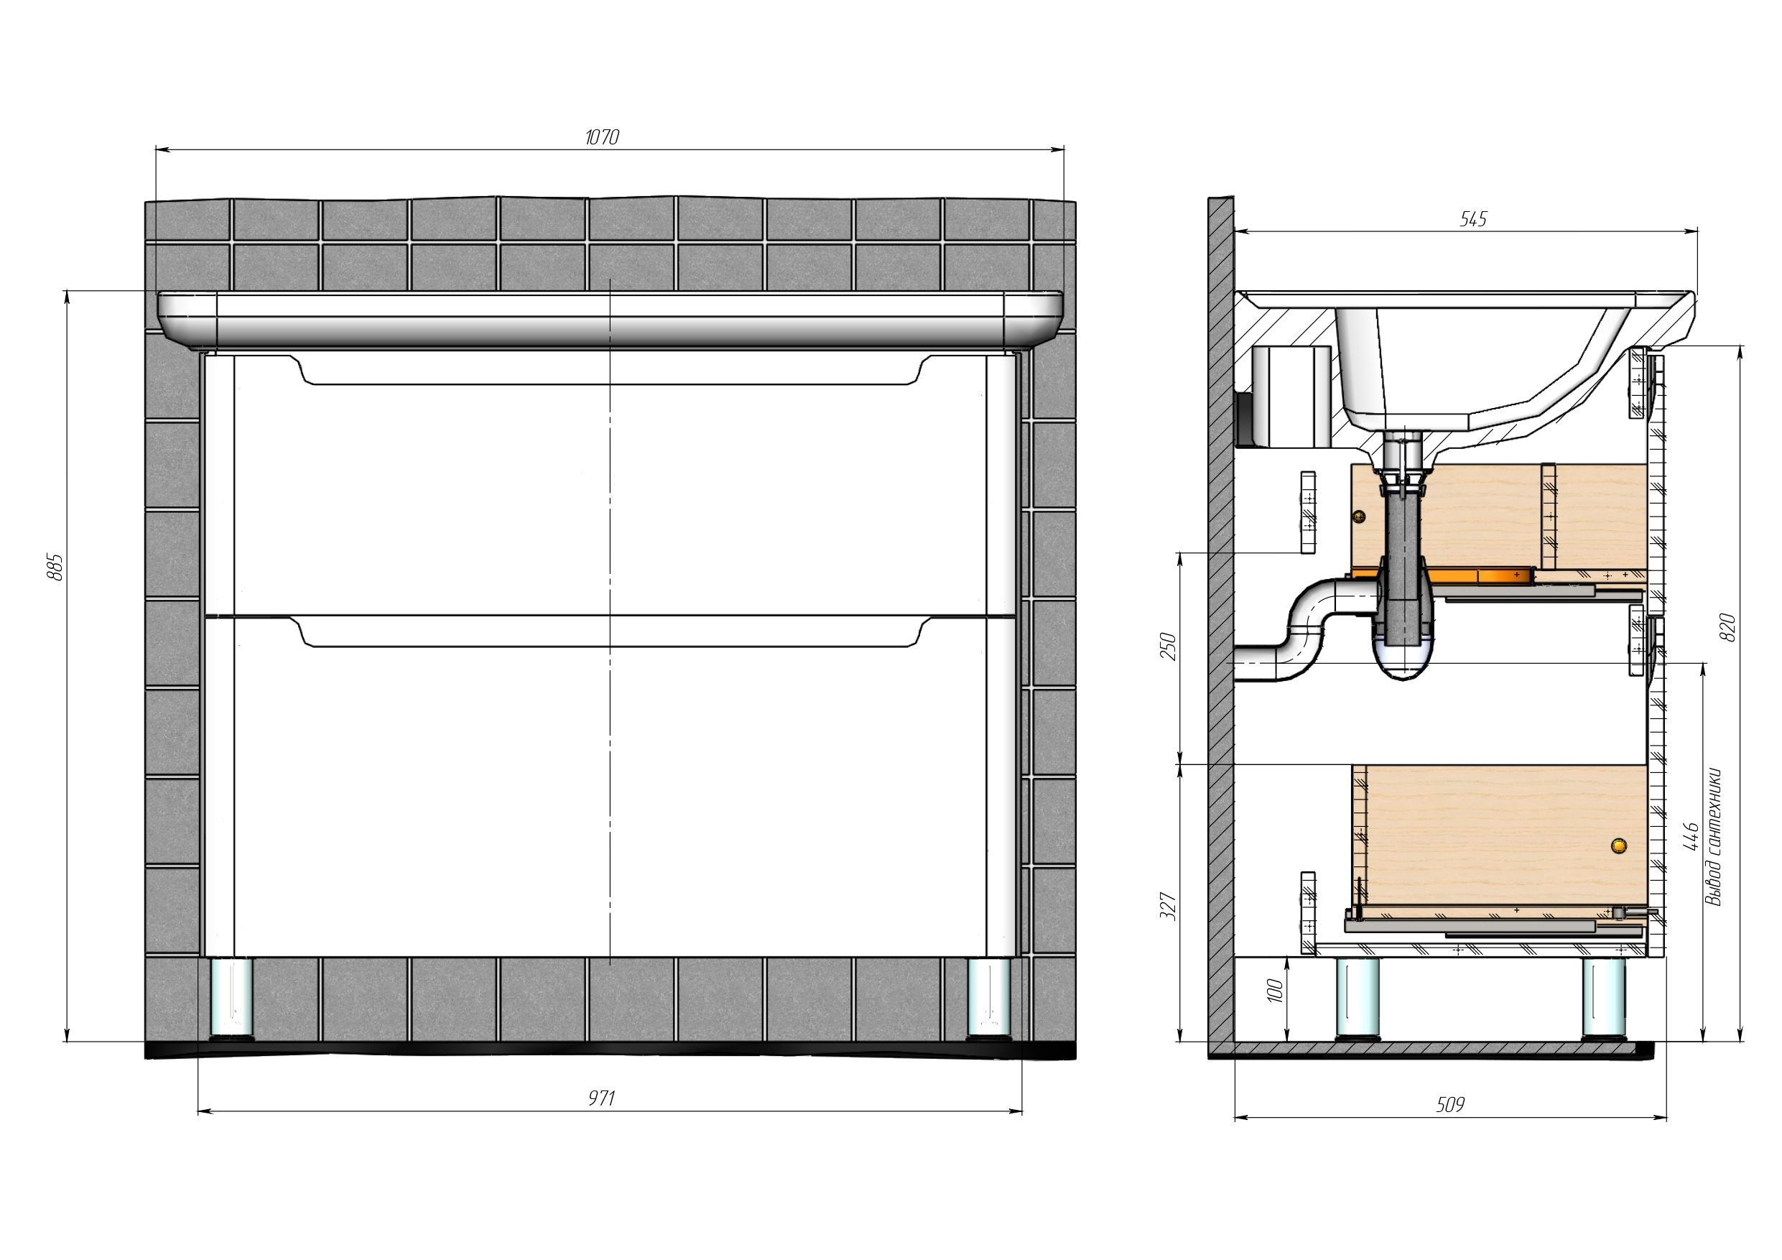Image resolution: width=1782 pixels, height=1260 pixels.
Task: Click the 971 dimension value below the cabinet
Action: [x=601, y=1098]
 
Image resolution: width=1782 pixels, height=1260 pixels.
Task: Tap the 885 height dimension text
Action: [x=55, y=568]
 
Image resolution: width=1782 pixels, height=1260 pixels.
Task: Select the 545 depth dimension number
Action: [x=1473, y=220]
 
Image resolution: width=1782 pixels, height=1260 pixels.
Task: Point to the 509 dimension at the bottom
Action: [x=1450, y=1104]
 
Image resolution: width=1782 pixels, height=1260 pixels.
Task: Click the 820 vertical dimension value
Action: [x=1727, y=627]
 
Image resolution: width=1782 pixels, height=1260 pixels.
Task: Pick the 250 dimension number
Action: [x=1167, y=646]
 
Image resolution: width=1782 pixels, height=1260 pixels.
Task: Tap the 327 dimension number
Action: [x=1167, y=907]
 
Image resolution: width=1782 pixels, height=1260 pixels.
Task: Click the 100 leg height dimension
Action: [x=1274, y=990]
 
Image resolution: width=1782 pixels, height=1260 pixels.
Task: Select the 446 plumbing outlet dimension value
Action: [x=1693, y=837]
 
